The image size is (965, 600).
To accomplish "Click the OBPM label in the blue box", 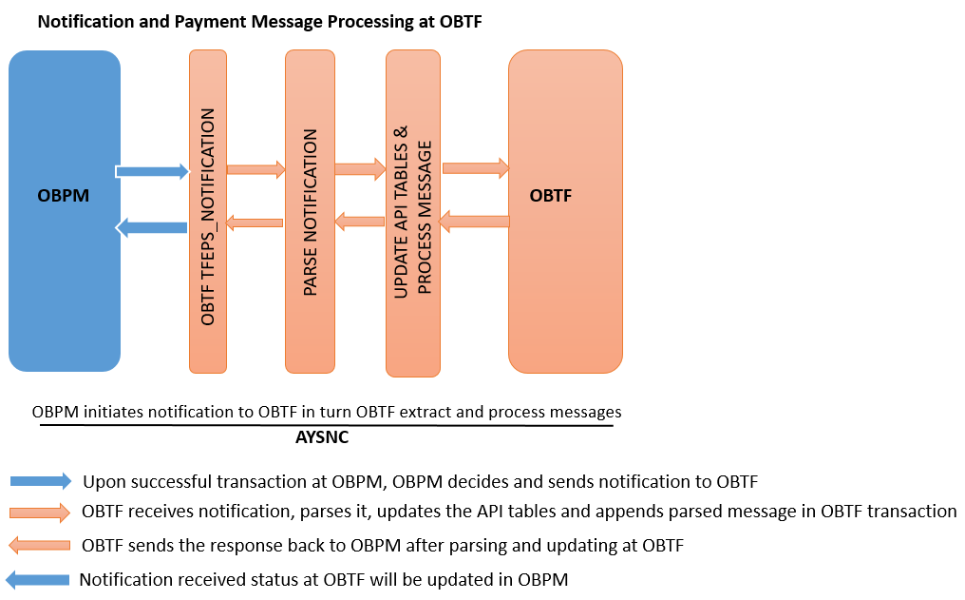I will pos(64,197).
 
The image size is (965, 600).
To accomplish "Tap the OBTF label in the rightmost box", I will pos(550,196).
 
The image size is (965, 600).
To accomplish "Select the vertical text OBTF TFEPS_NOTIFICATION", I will pos(208,218).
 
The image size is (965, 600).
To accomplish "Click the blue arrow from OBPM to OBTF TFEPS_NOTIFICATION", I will pos(153,171).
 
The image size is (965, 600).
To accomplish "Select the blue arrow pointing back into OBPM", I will pos(152,227).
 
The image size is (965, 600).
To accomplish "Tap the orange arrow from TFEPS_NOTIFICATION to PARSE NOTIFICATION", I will pos(255,170).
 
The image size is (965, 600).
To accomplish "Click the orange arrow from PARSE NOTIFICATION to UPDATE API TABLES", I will pos(360,170).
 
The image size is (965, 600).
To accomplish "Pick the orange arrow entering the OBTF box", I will pos(476,168).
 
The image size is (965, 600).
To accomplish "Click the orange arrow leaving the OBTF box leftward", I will pos(474,222).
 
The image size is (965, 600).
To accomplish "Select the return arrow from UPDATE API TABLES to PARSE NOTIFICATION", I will pos(359,222).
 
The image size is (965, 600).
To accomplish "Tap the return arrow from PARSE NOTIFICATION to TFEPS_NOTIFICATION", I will pos(255,223).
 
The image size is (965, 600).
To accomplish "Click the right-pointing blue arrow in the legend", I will pos(39,480).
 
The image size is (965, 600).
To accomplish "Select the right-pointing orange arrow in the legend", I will pos(39,513).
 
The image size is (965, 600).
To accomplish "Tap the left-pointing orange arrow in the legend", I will pos(39,546).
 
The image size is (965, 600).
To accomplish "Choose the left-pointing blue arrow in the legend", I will pos(39,579).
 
